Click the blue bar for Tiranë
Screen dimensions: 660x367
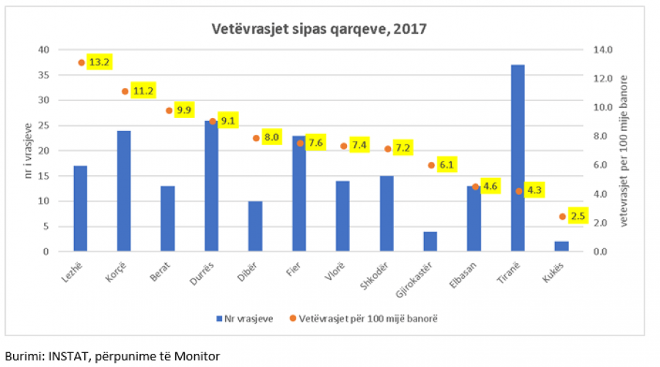[518, 158]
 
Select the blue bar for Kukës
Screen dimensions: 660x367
[562, 246]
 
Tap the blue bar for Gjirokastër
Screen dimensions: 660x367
[430, 241]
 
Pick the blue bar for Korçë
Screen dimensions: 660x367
[124, 191]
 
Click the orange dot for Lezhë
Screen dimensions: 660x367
[81, 63]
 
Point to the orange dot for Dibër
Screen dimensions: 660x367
[256, 138]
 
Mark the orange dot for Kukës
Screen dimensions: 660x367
[562, 217]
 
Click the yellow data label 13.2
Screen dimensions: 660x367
[99, 62]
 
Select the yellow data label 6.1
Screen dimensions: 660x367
[447, 165]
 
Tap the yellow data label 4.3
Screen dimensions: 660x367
[534, 190]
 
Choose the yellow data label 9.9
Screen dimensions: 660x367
[184, 110]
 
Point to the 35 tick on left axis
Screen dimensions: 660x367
[44, 75]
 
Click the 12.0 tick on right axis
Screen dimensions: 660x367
[603, 78]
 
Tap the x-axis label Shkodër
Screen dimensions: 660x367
[374, 275]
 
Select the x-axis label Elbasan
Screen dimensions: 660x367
[463, 275]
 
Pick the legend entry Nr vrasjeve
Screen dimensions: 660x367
[244, 319]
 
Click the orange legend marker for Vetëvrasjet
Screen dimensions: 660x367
[293, 318]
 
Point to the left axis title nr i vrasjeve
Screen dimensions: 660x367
[28, 150]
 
